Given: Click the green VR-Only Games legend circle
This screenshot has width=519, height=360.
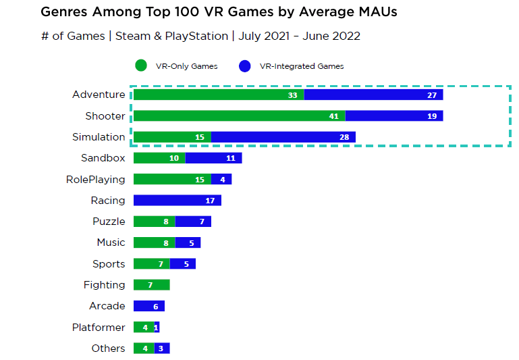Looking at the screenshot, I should coord(141,66).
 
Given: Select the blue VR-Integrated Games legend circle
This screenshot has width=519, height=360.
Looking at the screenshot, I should coord(246,66).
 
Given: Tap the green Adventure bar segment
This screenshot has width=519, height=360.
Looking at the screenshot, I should coord(218,95).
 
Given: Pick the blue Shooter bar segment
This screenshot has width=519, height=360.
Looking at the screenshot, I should coord(394,116).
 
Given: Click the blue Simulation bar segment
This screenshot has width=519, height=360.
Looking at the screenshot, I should coord(283,137).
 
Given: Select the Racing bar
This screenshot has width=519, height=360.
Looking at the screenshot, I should coord(177,201).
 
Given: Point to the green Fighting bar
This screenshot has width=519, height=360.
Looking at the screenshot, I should coord(151,285).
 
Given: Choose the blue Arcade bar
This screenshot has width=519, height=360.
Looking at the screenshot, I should coord(148,306).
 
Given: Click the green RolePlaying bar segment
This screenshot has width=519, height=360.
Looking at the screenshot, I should coord(172,180).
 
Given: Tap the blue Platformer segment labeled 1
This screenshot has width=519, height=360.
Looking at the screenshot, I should coord(157,328).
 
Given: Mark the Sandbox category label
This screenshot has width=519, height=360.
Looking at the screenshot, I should coord(103,158).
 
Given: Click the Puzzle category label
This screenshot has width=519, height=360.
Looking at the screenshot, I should coord(109,222).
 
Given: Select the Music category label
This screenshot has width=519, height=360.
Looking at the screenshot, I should coord(111,242).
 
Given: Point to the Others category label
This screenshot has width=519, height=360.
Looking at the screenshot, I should coord(108,349).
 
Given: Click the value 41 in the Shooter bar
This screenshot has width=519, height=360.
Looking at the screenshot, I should coord(334,116).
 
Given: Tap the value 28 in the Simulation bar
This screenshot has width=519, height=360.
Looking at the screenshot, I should coord(344,137).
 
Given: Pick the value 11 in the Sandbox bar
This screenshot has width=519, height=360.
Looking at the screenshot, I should coord(230,158).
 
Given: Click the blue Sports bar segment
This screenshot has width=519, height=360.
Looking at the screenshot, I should coord(182,264).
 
